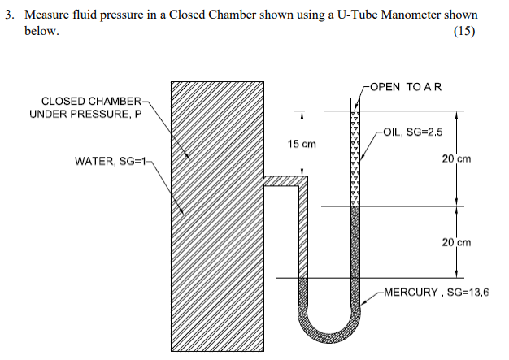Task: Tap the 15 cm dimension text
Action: pyautogui.click(x=301, y=144)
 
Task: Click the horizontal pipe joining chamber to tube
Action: pyautogui.click(x=283, y=181)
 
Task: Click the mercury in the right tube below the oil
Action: pyautogui.click(x=355, y=244)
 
